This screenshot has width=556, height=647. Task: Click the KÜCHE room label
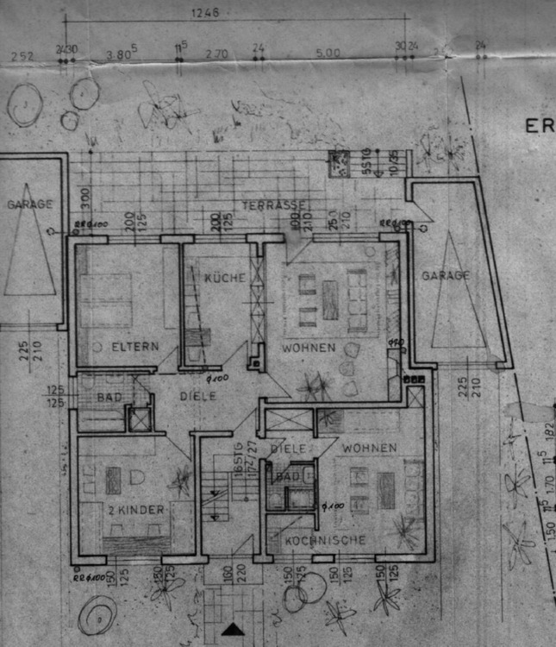(225, 277)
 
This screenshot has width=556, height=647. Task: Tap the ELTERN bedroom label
(135, 347)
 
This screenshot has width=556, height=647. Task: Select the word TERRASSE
(275, 205)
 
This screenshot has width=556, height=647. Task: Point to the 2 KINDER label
(135, 511)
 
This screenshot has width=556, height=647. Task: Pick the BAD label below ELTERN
(109, 398)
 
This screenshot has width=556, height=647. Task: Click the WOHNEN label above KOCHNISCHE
(369, 448)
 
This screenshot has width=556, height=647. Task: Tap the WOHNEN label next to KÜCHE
(307, 349)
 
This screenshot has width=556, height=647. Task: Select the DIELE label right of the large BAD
(197, 397)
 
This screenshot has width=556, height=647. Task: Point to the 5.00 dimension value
(328, 53)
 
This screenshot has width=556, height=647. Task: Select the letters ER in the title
(540, 126)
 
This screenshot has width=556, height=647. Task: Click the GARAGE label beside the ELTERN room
(29, 205)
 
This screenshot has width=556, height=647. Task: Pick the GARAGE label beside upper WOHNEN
(446, 276)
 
